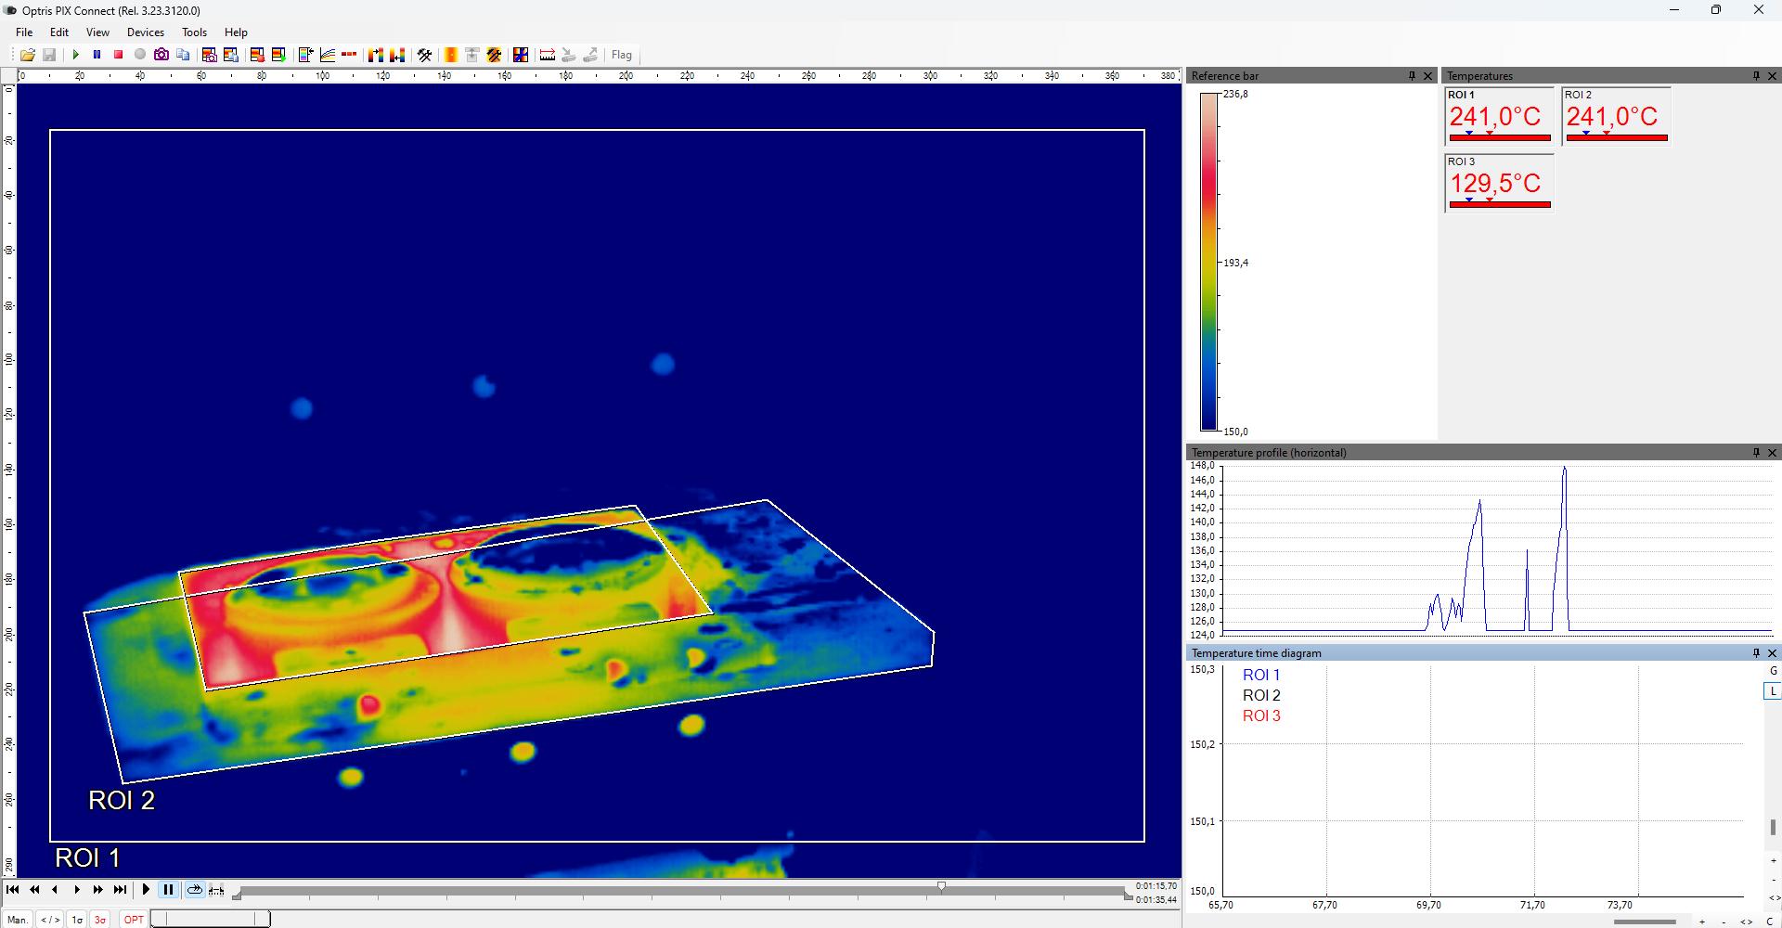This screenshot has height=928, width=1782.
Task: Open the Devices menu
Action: [145, 32]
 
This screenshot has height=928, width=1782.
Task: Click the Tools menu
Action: [194, 32]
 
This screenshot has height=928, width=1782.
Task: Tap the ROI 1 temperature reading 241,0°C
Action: [1494, 117]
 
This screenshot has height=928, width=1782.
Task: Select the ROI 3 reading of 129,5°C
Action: [1494, 184]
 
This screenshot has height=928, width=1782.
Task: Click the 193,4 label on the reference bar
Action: [1235, 264]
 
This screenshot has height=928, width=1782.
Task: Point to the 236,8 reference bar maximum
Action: [1235, 95]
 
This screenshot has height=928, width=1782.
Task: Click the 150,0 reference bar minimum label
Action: [1235, 432]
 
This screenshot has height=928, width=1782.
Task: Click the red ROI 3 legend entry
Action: [1261, 715]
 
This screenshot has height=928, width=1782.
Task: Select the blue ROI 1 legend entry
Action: [1261, 676]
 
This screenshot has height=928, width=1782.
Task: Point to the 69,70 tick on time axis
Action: [1429, 905]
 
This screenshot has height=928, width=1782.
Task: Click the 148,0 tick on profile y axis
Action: [1202, 466]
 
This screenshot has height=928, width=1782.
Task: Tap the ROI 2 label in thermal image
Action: [122, 800]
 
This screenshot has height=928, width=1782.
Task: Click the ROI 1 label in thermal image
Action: [87, 857]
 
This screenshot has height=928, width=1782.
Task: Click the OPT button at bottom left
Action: [134, 920]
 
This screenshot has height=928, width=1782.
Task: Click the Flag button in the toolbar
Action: [621, 56]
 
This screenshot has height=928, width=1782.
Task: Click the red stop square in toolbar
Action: [119, 56]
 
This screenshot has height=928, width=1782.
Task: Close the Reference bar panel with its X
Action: [1428, 76]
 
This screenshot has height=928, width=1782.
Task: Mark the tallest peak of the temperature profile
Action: [1565, 469]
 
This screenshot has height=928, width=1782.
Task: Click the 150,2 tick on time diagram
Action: [1202, 744]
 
